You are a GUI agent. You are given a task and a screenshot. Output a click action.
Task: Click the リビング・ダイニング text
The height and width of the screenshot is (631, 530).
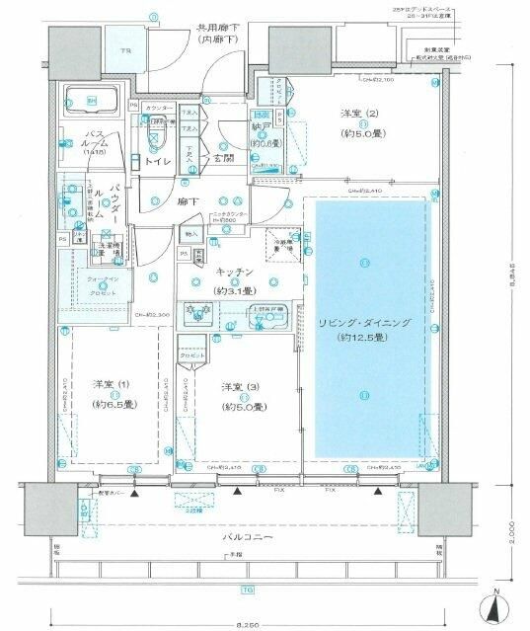coord(364,323)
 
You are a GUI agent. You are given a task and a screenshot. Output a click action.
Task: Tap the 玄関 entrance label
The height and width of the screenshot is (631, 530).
coord(223,156)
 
